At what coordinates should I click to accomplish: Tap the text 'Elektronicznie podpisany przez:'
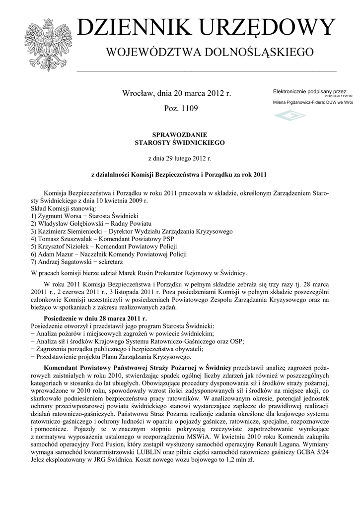click(310, 92)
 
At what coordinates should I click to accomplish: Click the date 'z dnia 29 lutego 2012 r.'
click(180, 158)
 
